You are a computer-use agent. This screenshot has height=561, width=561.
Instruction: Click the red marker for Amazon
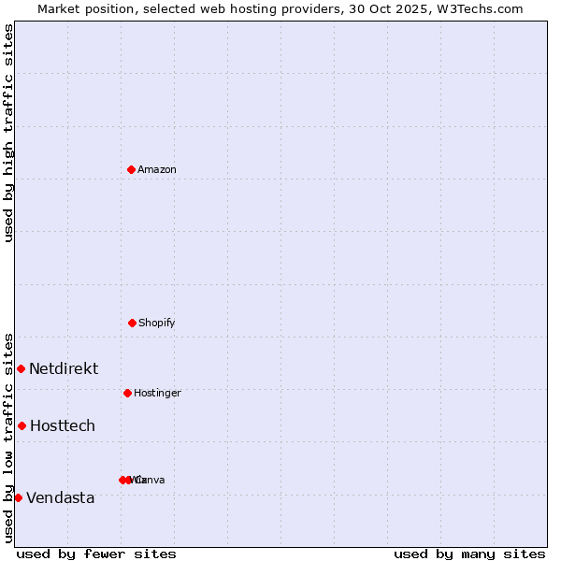[x=131, y=169]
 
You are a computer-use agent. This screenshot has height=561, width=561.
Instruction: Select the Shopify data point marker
[x=132, y=323]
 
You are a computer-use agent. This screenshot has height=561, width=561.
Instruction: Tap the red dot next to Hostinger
[x=127, y=393]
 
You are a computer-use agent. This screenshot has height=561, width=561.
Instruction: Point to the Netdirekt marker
[x=21, y=368]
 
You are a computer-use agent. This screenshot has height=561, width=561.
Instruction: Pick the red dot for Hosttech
[x=22, y=425]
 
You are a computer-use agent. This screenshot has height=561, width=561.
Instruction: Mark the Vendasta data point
[x=18, y=497]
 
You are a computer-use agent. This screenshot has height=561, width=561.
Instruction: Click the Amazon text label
[x=156, y=169]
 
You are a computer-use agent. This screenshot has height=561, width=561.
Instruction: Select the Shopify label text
[x=156, y=323]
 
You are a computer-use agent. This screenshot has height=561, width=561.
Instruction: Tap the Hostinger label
[x=157, y=393]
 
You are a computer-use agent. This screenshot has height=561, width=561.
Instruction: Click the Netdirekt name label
[x=64, y=368]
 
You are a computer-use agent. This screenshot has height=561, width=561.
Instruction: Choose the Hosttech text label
[x=63, y=425]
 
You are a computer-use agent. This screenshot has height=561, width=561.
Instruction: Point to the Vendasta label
[x=61, y=497]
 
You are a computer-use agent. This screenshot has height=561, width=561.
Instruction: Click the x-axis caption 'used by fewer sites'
[x=96, y=554]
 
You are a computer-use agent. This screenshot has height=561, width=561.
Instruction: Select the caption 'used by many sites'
[x=469, y=554]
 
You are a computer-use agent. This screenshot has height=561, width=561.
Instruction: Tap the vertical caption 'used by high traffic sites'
[x=8, y=133]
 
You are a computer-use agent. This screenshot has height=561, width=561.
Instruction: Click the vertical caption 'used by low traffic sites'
[x=8, y=437]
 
